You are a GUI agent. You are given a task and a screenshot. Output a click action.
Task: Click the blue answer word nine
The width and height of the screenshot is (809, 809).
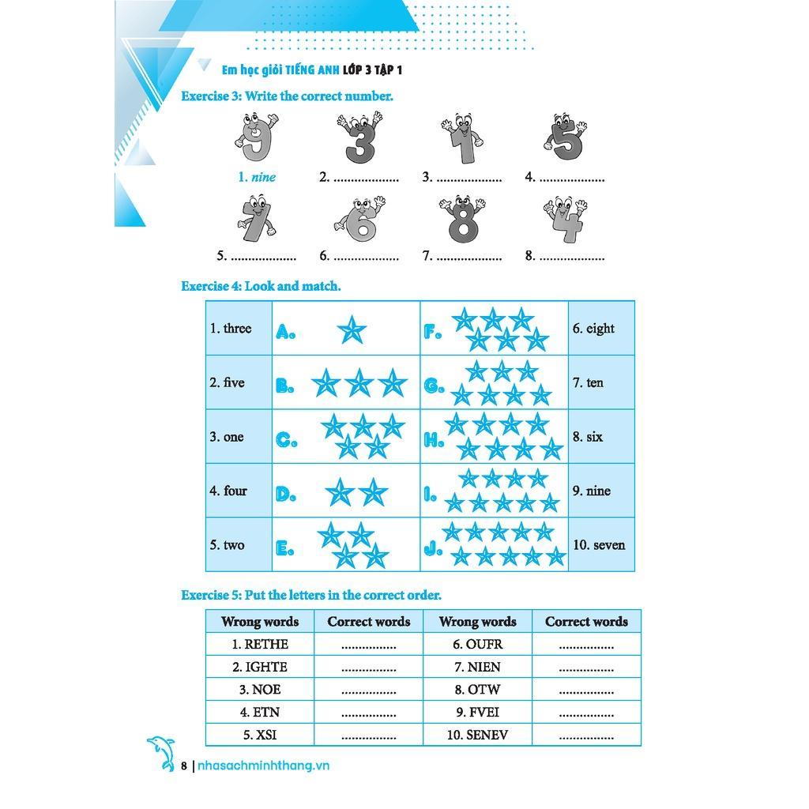click(x=264, y=177)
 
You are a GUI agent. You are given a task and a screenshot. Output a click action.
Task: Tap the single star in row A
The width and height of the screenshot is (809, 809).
click(x=352, y=329)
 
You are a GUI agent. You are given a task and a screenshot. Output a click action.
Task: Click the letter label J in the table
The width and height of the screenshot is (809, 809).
click(x=432, y=547)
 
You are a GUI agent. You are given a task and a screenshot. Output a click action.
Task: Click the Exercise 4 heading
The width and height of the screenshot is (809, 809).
click(x=261, y=286)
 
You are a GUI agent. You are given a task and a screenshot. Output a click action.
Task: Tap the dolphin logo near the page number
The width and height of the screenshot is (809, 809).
click(x=161, y=753)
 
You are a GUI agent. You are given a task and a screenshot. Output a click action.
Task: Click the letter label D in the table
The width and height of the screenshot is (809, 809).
click(x=285, y=495)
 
